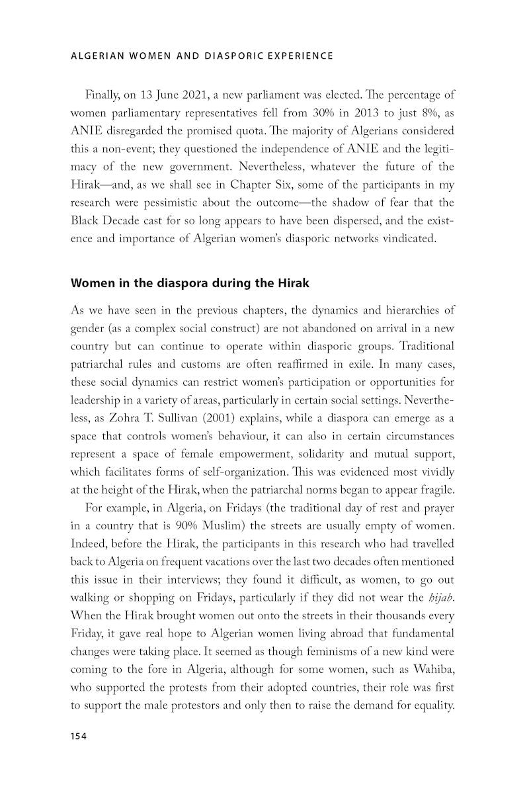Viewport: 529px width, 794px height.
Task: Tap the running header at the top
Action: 202,56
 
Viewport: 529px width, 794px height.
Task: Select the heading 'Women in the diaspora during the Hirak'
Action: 190,283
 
